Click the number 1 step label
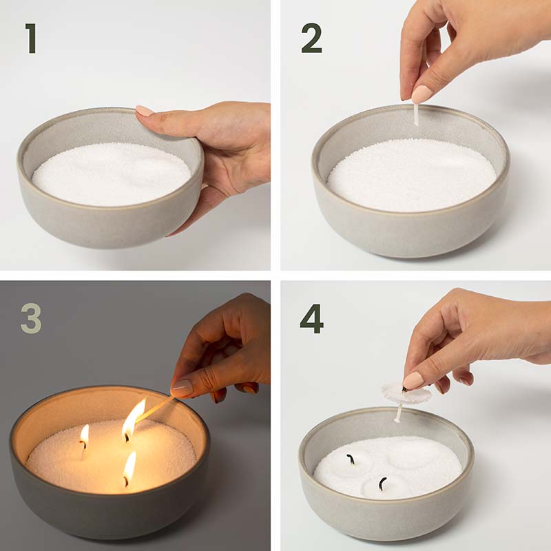pyautogui.click(x=32, y=39)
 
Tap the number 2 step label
pyautogui.click(x=312, y=39)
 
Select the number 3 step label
pyautogui.click(x=31, y=318)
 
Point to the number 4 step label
pyautogui.click(x=312, y=319)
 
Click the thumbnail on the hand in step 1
pyautogui.click(x=145, y=111)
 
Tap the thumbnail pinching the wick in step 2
pyautogui.click(x=422, y=94)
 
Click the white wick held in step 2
pyautogui.click(x=416, y=113)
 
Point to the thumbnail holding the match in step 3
pyautogui.click(x=183, y=387)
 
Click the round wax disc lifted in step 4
pyautogui.click(x=406, y=394)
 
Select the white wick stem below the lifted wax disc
pyautogui.click(x=399, y=413)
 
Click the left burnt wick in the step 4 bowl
pyautogui.click(x=351, y=459)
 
